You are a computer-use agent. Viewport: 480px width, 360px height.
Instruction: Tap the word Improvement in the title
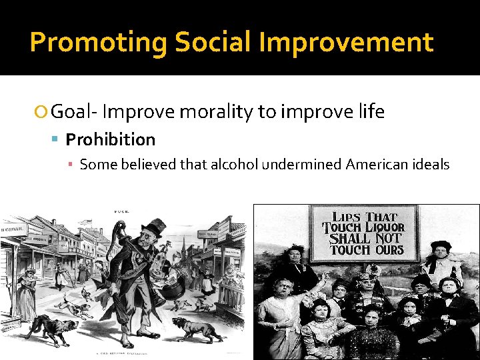[x=346, y=43]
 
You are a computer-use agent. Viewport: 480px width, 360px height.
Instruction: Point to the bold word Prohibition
[x=110, y=139]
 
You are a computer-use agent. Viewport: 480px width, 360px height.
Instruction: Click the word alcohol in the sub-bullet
[x=234, y=165]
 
